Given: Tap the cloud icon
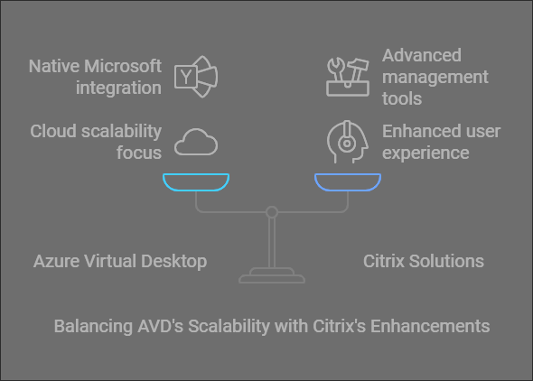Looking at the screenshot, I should click(196, 142).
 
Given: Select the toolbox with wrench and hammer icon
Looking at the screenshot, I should click(348, 76).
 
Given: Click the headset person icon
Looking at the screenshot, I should click(346, 142).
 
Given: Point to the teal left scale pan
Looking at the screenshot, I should click(196, 182).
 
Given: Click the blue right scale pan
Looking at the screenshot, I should click(348, 182).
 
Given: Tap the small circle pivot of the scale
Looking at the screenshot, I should click(272, 212).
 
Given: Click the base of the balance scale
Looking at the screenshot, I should click(272, 275).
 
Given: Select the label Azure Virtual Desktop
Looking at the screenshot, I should click(120, 261).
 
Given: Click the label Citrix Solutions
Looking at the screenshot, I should click(424, 261).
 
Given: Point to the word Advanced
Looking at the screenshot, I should click(421, 56).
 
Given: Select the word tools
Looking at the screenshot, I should click(402, 98).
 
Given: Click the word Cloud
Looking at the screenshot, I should click(54, 131).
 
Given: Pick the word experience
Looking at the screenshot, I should click(425, 152).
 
